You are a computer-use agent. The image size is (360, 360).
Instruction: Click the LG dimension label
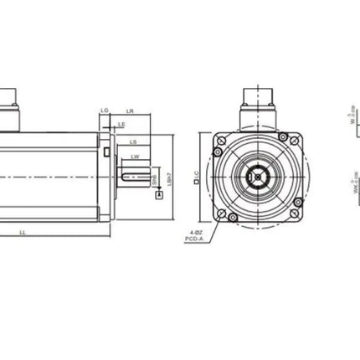click(104, 111)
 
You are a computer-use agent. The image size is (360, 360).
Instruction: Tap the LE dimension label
click(121, 124)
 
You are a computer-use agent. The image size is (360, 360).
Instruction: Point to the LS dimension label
click(133, 141)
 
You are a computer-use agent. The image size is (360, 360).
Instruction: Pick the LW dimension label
click(135, 156)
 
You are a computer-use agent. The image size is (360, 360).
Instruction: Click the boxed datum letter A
click(160, 194)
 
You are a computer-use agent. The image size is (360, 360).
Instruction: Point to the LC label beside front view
click(196, 177)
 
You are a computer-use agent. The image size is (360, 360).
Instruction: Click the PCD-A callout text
click(194, 239)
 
